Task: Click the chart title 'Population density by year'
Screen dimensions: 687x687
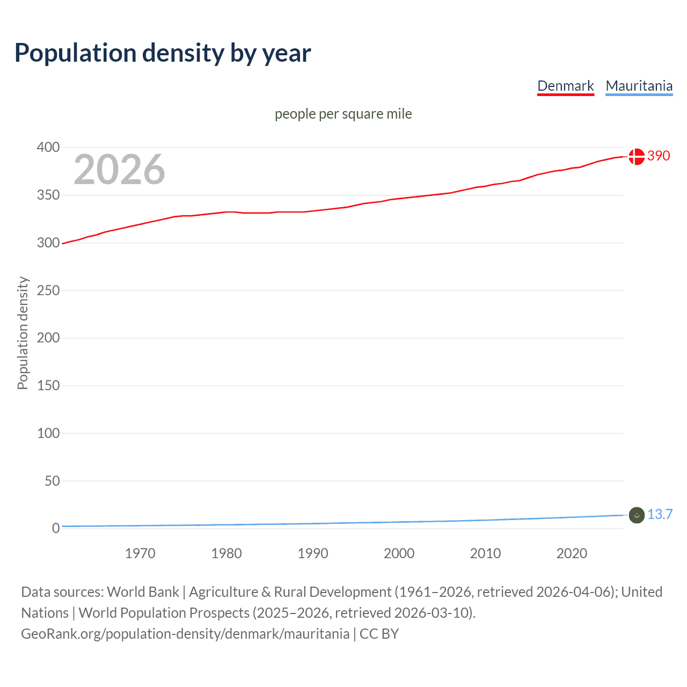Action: (x=163, y=53)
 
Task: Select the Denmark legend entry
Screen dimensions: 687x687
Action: (x=565, y=86)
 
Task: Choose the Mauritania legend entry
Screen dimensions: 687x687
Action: (x=639, y=86)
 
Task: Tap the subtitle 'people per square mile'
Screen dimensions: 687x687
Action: (x=343, y=114)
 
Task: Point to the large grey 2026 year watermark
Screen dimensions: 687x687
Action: (x=119, y=170)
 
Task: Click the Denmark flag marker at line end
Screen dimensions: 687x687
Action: (x=636, y=156)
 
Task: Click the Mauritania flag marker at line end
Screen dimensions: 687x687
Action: (x=636, y=515)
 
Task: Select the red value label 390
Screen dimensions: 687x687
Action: (x=659, y=156)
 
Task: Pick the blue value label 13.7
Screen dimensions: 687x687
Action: (x=660, y=514)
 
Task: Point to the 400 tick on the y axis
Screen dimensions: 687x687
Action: (x=48, y=147)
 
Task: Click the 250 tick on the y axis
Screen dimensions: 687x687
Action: (x=48, y=290)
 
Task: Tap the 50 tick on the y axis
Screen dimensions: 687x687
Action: (x=52, y=481)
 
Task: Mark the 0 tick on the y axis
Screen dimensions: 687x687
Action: (x=56, y=528)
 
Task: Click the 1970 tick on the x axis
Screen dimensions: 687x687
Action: (x=140, y=553)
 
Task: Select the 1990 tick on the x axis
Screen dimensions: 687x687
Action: (x=313, y=553)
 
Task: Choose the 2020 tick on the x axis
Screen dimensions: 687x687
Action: (x=572, y=553)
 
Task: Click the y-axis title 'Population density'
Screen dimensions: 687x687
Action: (x=23, y=333)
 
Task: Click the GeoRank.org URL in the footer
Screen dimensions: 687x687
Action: (x=185, y=634)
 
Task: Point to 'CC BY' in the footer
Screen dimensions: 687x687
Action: (x=379, y=634)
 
